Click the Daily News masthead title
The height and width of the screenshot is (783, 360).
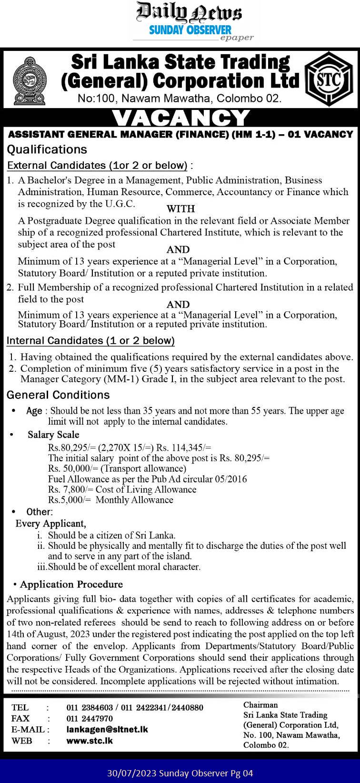pyautogui.click(x=189, y=12)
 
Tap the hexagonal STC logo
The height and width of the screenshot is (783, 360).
pyautogui.click(x=329, y=79)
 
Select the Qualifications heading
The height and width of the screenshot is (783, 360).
pyautogui.click(x=47, y=149)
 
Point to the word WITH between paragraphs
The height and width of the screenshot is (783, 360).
pyautogui.click(x=180, y=208)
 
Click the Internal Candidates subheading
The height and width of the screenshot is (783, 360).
pyautogui.click(x=90, y=341)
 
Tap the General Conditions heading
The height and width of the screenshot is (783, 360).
pyautogui.click(x=58, y=395)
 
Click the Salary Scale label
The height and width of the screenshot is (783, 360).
pyautogui.click(x=53, y=435)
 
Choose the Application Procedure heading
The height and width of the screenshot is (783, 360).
pyautogui.click(x=71, y=585)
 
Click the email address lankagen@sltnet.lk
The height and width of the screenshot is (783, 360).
pyautogui.click(x=107, y=729)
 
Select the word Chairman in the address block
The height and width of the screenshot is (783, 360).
pyautogui.click(x=260, y=705)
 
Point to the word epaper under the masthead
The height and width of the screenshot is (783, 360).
pyautogui.click(x=237, y=38)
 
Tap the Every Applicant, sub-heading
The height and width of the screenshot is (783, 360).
pyautogui.click(x=51, y=524)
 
